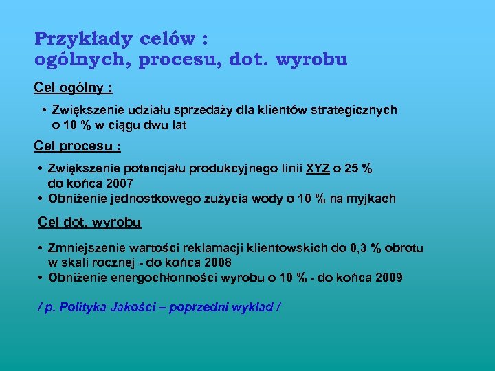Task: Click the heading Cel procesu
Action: (78, 146)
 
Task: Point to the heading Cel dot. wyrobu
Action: (89, 222)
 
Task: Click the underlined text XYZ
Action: (318, 169)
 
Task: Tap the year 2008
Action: (217, 262)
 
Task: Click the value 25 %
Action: (360, 169)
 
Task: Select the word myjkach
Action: (372, 199)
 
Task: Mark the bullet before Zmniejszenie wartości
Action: (42, 248)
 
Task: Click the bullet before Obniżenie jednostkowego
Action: (42, 199)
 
